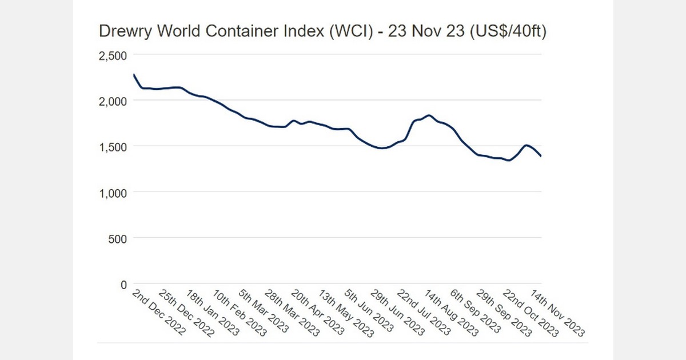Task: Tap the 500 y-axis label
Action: [117, 238]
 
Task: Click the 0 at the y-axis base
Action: [123, 283]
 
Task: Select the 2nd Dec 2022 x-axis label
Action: [158, 312]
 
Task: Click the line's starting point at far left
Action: [133, 74]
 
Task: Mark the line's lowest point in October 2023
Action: [509, 161]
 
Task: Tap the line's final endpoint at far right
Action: [541, 156]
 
